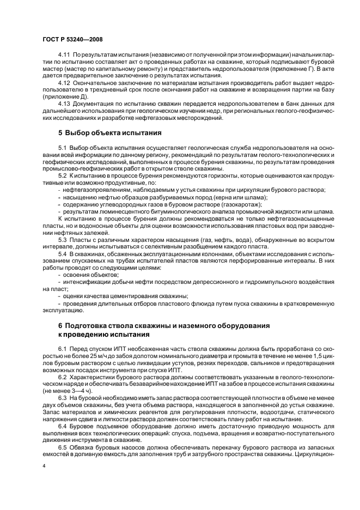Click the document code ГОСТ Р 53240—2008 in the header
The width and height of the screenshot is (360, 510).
[x=72, y=40]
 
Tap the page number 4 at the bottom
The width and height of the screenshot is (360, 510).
[x=43, y=466]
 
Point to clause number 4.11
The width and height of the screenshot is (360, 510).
[x=64, y=56]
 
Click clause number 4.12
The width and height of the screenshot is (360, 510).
[x=64, y=82]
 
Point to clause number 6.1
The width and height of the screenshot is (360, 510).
[x=62, y=349]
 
